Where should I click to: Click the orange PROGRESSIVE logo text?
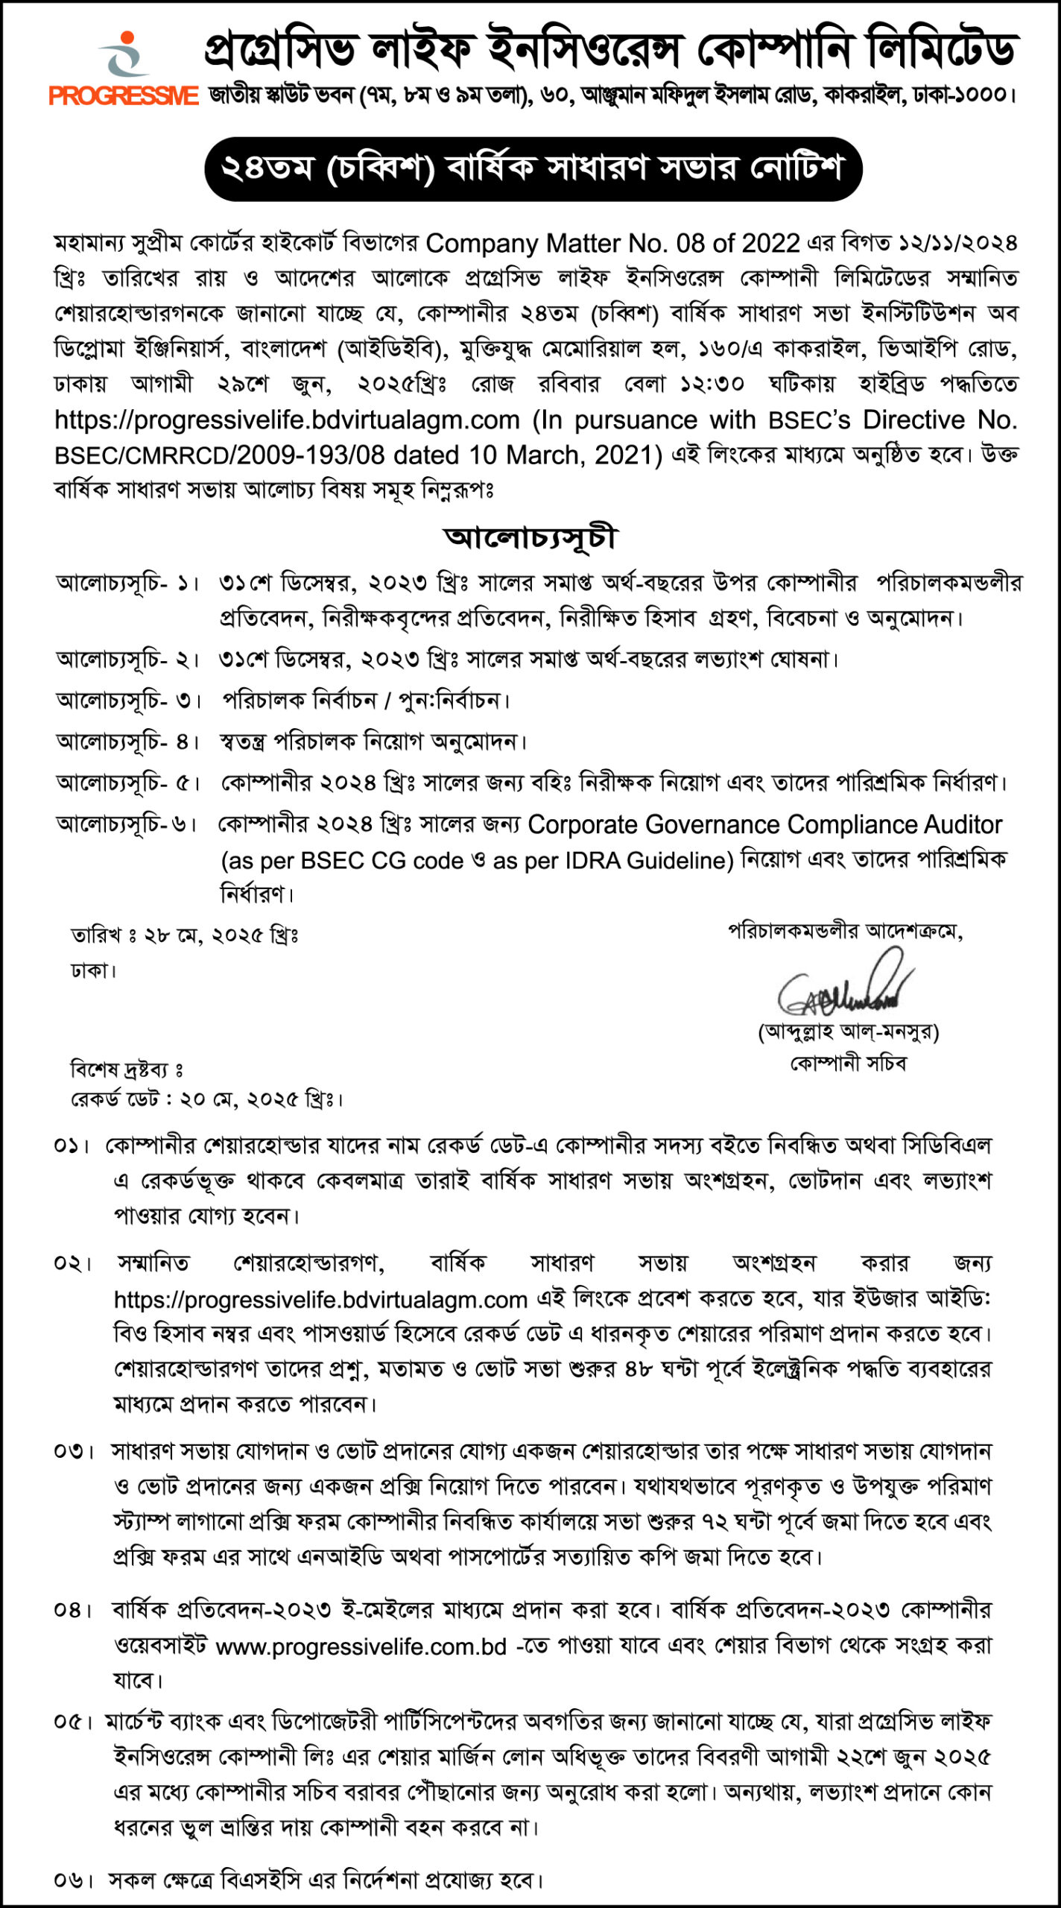[124, 96]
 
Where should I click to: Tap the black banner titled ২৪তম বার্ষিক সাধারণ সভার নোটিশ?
[533, 168]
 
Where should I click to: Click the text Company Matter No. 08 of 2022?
[612, 244]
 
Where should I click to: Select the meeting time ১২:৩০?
[711, 384]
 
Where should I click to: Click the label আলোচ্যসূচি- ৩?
[128, 701]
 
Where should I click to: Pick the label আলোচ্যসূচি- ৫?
[128, 783]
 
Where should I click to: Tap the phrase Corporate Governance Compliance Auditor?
[764, 825]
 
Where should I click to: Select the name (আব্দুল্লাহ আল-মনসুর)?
[848, 1032]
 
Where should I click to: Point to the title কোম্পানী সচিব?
[848, 1064]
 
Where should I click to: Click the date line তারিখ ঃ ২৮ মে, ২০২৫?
[184, 935]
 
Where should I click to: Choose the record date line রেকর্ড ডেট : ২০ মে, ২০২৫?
[206, 1099]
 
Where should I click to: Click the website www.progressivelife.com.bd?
[361, 1646]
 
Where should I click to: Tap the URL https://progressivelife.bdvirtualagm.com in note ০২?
[320, 1301]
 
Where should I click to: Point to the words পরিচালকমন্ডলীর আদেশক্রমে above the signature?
[845, 931]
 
